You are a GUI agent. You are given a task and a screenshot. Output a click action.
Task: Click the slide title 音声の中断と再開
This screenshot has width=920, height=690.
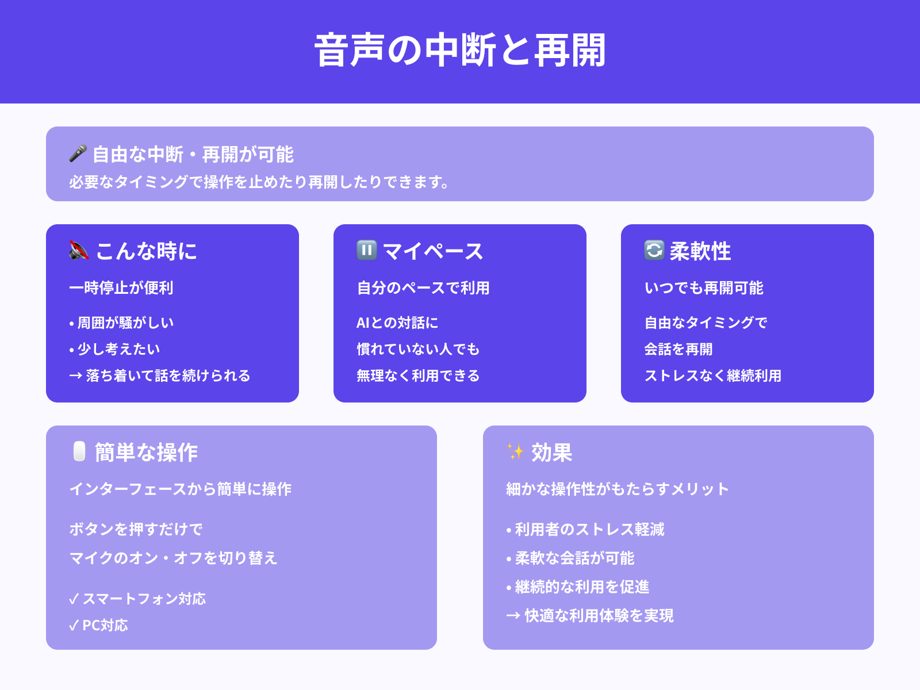coord(460,51)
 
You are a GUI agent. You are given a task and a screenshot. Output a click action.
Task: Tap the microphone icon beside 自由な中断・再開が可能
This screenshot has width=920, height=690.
coord(78,154)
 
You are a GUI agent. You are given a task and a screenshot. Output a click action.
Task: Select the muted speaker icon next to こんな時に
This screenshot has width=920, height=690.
coord(79,251)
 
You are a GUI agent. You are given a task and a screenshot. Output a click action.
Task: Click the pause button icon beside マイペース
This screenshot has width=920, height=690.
coord(366,250)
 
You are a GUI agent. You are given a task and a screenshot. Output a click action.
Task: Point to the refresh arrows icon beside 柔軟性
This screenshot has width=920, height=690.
coord(654,250)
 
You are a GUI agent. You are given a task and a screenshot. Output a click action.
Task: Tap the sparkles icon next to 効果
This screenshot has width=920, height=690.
coord(515,451)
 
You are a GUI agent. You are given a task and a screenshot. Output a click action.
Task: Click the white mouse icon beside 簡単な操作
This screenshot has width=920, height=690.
coord(79,451)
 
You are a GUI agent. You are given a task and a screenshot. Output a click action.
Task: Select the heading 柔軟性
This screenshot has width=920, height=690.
coord(700,251)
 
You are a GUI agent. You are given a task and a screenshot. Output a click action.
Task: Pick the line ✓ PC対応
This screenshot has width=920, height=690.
coord(98,625)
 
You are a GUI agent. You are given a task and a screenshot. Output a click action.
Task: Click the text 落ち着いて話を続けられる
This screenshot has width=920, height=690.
coord(167,375)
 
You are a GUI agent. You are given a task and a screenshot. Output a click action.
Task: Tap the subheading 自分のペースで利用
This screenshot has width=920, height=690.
coord(423,287)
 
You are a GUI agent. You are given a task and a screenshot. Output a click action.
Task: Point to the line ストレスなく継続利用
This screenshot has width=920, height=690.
coord(712,375)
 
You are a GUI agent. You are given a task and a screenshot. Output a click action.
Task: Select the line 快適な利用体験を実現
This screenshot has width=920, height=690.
coord(599,615)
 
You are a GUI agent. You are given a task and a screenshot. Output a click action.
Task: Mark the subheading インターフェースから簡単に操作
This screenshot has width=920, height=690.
coord(181,489)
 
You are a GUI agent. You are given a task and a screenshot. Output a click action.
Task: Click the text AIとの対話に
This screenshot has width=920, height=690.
coord(397,323)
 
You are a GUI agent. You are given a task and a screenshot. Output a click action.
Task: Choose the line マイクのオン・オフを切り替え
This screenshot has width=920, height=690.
coord(173,558)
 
